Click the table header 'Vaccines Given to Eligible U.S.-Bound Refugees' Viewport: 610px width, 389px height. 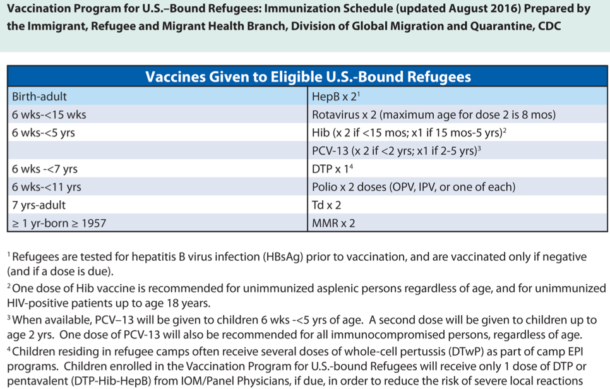(x=308, y=77)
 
